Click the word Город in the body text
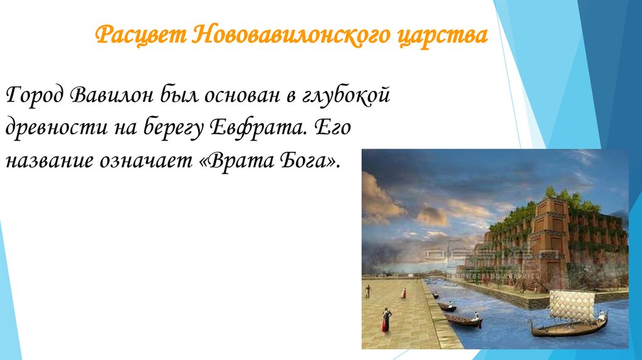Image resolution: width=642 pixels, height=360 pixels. tap(36, 95)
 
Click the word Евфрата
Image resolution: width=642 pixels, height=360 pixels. tap(255, 129)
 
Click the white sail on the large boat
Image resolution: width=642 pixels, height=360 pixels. tap(571, 306)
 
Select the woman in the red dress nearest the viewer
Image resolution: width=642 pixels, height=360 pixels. tap(386, 320)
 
